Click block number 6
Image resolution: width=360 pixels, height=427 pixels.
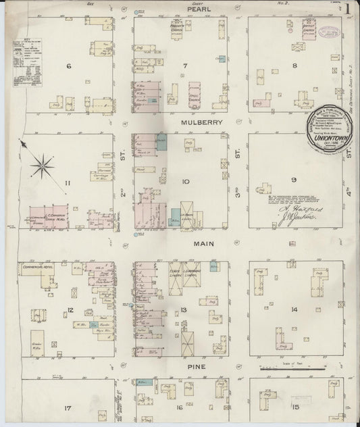click(69, 66)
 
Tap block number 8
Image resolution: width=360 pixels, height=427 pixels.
click(294, 66)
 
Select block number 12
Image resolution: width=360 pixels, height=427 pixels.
click(70, 310)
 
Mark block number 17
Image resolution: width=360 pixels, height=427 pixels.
click(68, 409)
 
